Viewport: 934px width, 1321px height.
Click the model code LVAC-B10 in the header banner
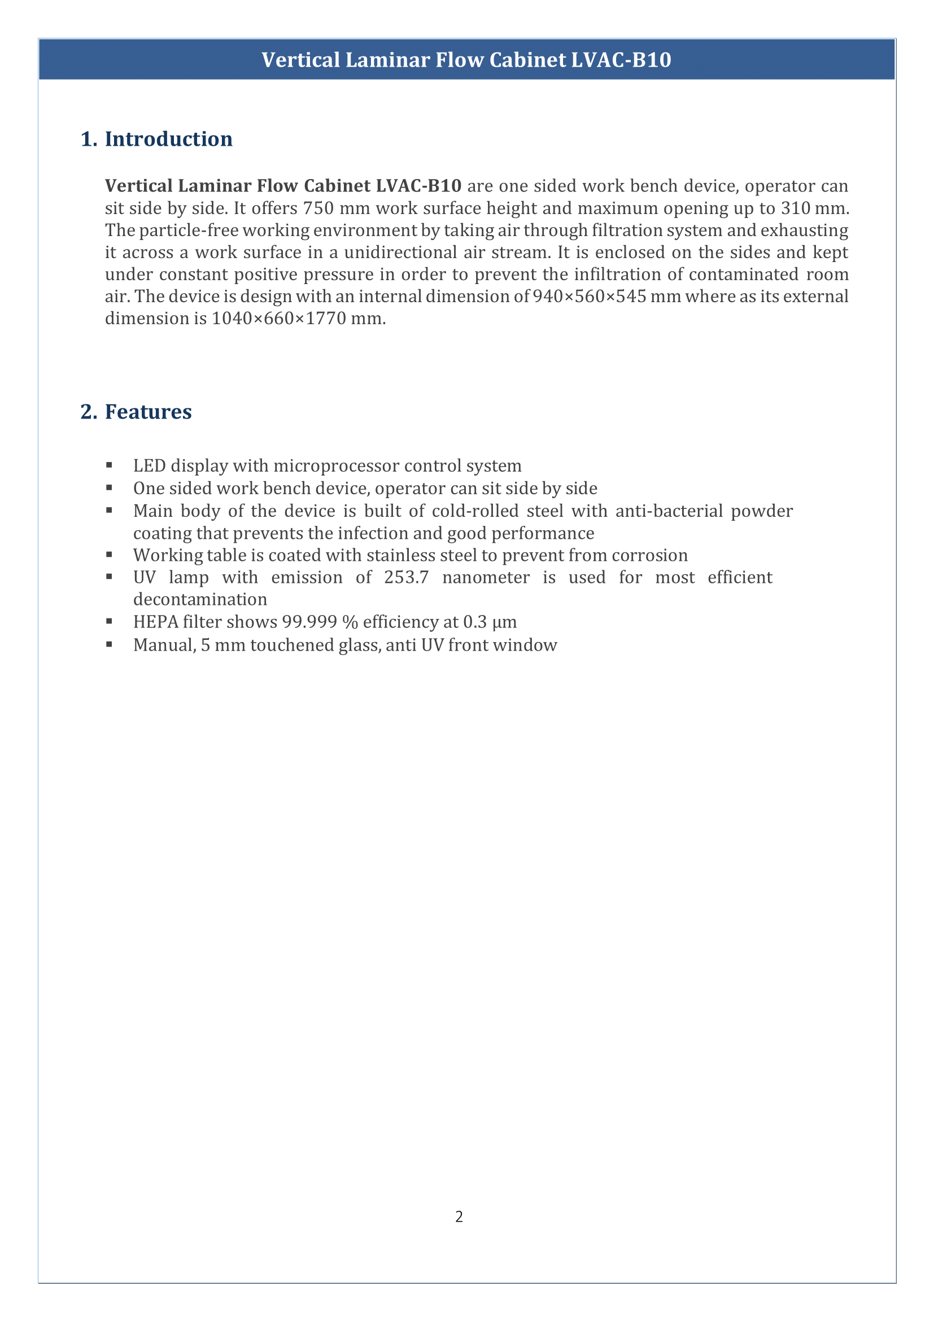click(621, 60)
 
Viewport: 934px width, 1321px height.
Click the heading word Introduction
click(168, 139)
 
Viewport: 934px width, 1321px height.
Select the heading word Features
click(148, 412)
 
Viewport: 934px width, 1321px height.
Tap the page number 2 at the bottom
click(459, 1217)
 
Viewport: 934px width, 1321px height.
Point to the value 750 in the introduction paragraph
click(318, 208)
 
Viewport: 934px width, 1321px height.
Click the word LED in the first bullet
click(149, 465)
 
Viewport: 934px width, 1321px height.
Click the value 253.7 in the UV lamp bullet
click(407, 577)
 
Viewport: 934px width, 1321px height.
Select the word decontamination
click(200, 600)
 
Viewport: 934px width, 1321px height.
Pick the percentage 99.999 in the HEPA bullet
click(309, 622)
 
